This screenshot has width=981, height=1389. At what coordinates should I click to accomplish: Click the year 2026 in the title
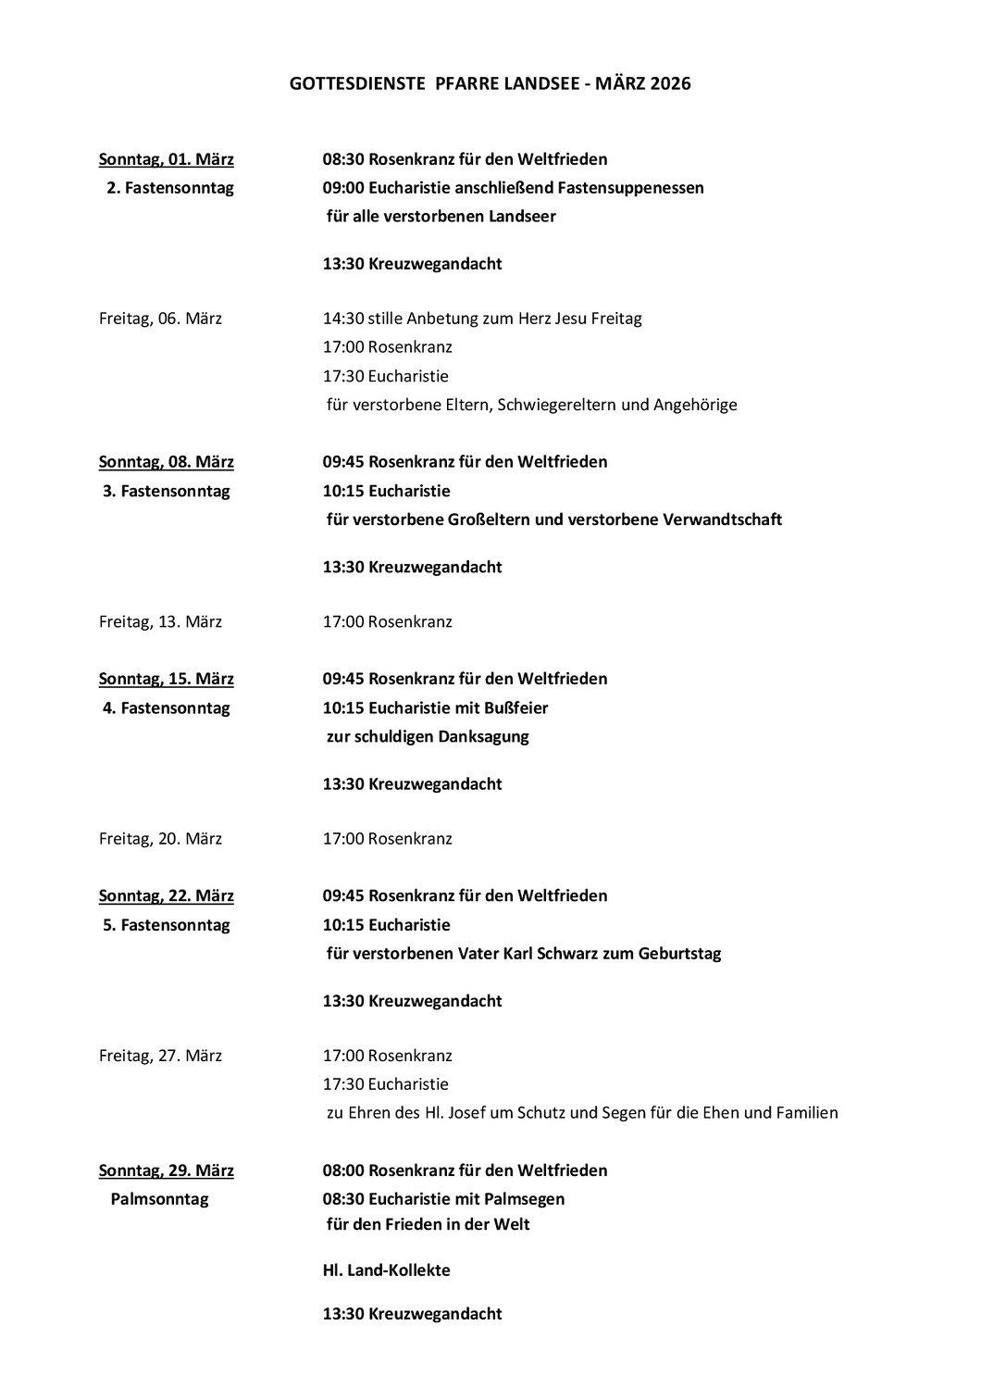(670, 84)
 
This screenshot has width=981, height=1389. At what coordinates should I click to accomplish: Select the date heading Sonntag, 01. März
(167, 159)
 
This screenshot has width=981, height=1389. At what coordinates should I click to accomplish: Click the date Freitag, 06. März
(160, 319)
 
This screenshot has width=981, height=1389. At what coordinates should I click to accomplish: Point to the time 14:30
(342, 319)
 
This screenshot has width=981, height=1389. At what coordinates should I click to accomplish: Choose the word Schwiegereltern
(557, 405)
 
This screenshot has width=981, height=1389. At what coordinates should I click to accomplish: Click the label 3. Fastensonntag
(166, 491)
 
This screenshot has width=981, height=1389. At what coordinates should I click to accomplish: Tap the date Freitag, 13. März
(160, 621)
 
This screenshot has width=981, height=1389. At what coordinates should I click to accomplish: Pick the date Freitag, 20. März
(160, 839)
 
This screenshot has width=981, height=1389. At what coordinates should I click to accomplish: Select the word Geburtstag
(679, 954)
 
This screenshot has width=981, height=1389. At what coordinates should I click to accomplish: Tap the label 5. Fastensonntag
(166, 925)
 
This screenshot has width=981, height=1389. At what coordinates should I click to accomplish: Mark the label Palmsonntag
(159, 1199)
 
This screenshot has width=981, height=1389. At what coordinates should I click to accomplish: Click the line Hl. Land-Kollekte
(386, 1270)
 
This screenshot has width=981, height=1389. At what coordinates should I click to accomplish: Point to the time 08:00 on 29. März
(343, 1170)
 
